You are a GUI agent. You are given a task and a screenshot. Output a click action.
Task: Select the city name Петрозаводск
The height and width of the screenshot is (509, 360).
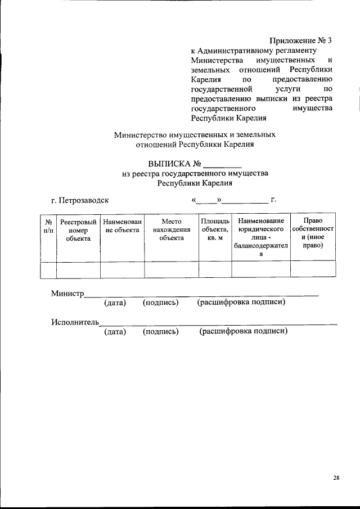84,200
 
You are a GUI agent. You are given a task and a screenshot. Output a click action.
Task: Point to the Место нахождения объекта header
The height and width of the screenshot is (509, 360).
172,230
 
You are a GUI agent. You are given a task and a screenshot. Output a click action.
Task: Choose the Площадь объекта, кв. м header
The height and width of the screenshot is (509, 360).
215,230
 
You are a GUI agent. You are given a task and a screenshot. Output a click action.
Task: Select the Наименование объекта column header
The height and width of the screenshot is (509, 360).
122,226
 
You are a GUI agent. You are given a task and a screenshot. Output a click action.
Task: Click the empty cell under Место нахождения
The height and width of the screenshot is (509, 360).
172,270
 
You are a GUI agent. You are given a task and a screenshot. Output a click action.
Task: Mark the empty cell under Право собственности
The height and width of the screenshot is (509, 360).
313,270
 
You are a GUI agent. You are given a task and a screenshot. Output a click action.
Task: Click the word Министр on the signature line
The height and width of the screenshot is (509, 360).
67,294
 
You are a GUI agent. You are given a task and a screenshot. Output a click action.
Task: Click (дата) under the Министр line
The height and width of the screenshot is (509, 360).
115,303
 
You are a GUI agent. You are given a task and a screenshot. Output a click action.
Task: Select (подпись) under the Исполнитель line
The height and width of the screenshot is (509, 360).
161,331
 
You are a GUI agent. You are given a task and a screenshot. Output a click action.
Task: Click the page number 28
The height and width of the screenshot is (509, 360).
336,478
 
